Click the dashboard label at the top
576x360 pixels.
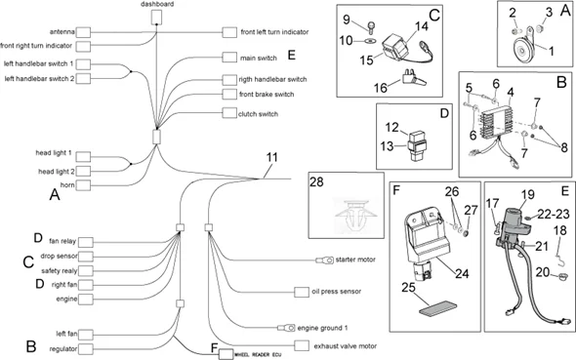tap(157, 5)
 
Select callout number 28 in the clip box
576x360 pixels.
tap(318, 184)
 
